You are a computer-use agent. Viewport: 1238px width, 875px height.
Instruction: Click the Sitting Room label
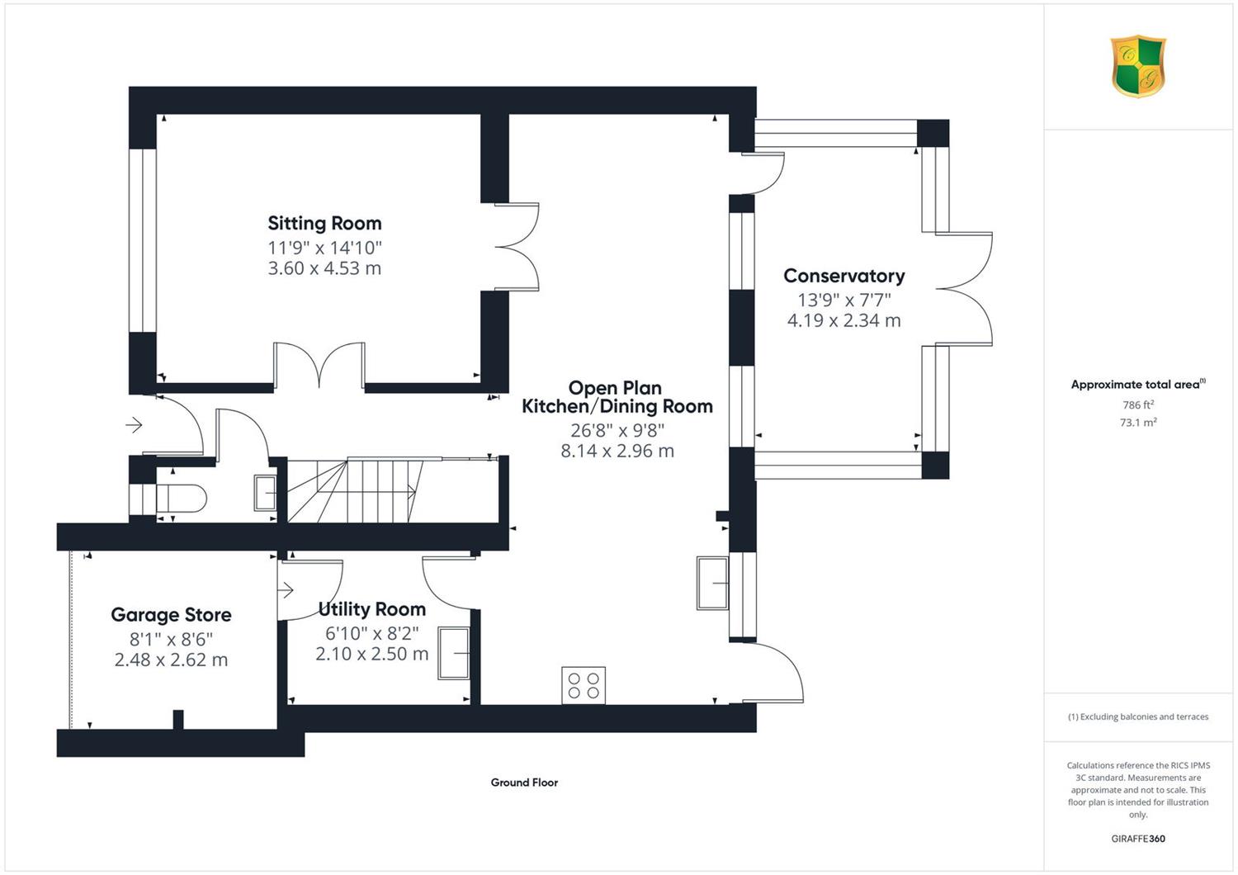pyautogui.click(x=324, y=224)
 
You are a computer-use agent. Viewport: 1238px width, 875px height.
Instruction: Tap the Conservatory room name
pyautogui.click(x=844, y=276)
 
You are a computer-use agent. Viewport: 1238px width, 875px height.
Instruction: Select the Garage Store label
pyautogui.click(x=171, y=615)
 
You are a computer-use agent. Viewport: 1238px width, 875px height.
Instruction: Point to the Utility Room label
pyautogui.click(x=372, y=609)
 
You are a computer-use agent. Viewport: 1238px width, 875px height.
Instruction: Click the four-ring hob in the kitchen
pyautogui.click(x=584, y=685)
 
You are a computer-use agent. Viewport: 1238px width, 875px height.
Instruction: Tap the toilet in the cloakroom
pyautogui.click(x=182, y=499)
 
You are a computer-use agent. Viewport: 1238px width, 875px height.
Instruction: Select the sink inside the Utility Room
pyautogui.click(x=454, y=653)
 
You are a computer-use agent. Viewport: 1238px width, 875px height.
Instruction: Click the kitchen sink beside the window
pyautogui.click(x=712, y=583)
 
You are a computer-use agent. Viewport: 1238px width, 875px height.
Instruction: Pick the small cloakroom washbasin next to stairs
pyautogui.click(x=265, y=493)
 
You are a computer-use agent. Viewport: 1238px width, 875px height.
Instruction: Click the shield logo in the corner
pyautogui.click(x=1138, y=66)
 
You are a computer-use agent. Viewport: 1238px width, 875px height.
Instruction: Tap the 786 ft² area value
pyautogui.click(x=1138, y=405)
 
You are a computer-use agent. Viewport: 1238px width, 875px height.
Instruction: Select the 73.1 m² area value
pyautogui.click(x=1138, y=423)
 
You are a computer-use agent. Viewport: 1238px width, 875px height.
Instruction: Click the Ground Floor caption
pyautogui.click(x=524, y=783)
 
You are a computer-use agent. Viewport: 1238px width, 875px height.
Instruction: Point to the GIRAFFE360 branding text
pyautogui.click(x=1138, y=839)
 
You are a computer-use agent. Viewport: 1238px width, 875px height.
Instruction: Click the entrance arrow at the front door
pyautogui.click(x=134, y=425)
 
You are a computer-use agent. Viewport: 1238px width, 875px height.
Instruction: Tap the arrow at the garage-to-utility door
pyautogui.click(x=286, y=590)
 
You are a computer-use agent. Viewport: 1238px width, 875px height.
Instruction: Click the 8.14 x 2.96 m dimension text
pyautogui.click(x=617, y=451)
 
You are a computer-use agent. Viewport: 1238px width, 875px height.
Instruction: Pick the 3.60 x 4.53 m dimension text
pyautogui.click(x=324, y=268)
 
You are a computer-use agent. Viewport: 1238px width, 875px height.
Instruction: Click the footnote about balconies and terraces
pyautogui.click(x=1138, y=717)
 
